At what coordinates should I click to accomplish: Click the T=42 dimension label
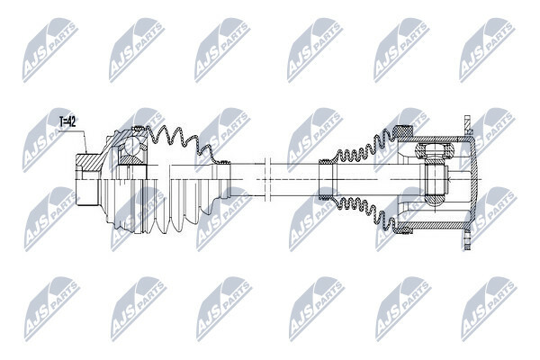tap(67, 121)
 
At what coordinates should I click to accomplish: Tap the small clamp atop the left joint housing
tap(139, 129)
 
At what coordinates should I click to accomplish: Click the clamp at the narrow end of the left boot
tap(224, 162)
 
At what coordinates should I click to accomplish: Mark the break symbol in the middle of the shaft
tap(267, 179)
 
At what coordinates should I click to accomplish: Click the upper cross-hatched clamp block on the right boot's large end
tap(403, 131)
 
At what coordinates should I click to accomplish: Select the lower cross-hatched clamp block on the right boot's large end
tap(403, 229)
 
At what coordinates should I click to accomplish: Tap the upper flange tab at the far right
tap(467, 125)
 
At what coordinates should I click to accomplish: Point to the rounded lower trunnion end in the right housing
tap(436, 200)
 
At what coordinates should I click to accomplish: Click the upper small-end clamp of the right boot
tap(326, 162)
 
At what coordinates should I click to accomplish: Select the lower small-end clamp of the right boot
tap(326, 198)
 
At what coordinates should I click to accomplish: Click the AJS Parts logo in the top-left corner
tap(50, 49)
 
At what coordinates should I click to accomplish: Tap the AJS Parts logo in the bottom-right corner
tap(489, 309)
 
